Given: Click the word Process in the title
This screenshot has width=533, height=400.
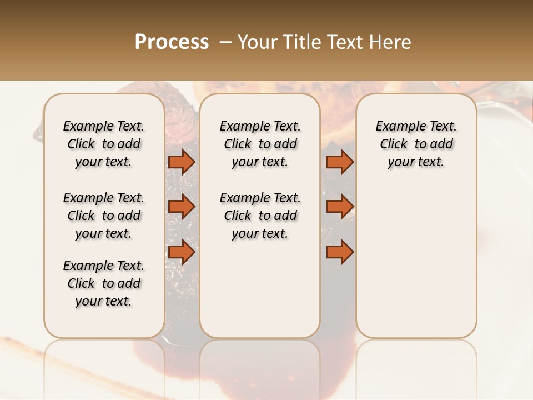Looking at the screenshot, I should [x=172, y=42].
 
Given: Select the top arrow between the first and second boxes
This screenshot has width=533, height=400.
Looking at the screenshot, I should [x=182, y=162].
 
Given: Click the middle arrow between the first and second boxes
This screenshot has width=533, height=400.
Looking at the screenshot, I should [x=182, y=207].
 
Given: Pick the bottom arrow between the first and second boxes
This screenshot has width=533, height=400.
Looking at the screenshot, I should [x=182, y=252].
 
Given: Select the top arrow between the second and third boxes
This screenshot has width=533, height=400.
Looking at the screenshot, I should [x=340, y=162].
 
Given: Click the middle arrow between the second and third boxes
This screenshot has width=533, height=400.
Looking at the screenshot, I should [x=340, y=207].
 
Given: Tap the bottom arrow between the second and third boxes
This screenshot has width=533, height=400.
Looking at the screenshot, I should [x=340, y=252].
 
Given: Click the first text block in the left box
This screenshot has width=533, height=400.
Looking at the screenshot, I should [x=104, y=144].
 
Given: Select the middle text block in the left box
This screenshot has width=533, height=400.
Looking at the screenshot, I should [x=104, y=216].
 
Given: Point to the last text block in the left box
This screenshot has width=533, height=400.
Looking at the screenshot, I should [x=104, y=283].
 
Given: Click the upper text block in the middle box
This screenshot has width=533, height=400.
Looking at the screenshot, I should [x=260, y=144].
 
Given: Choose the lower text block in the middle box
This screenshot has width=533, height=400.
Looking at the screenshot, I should [x=260, y=216].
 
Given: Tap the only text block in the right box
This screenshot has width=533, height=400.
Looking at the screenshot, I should [x=416, y=144].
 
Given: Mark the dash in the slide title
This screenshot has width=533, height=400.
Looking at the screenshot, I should [x=225, y=42].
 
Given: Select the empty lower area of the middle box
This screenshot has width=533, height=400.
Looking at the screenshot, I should [x=260, y=289].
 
